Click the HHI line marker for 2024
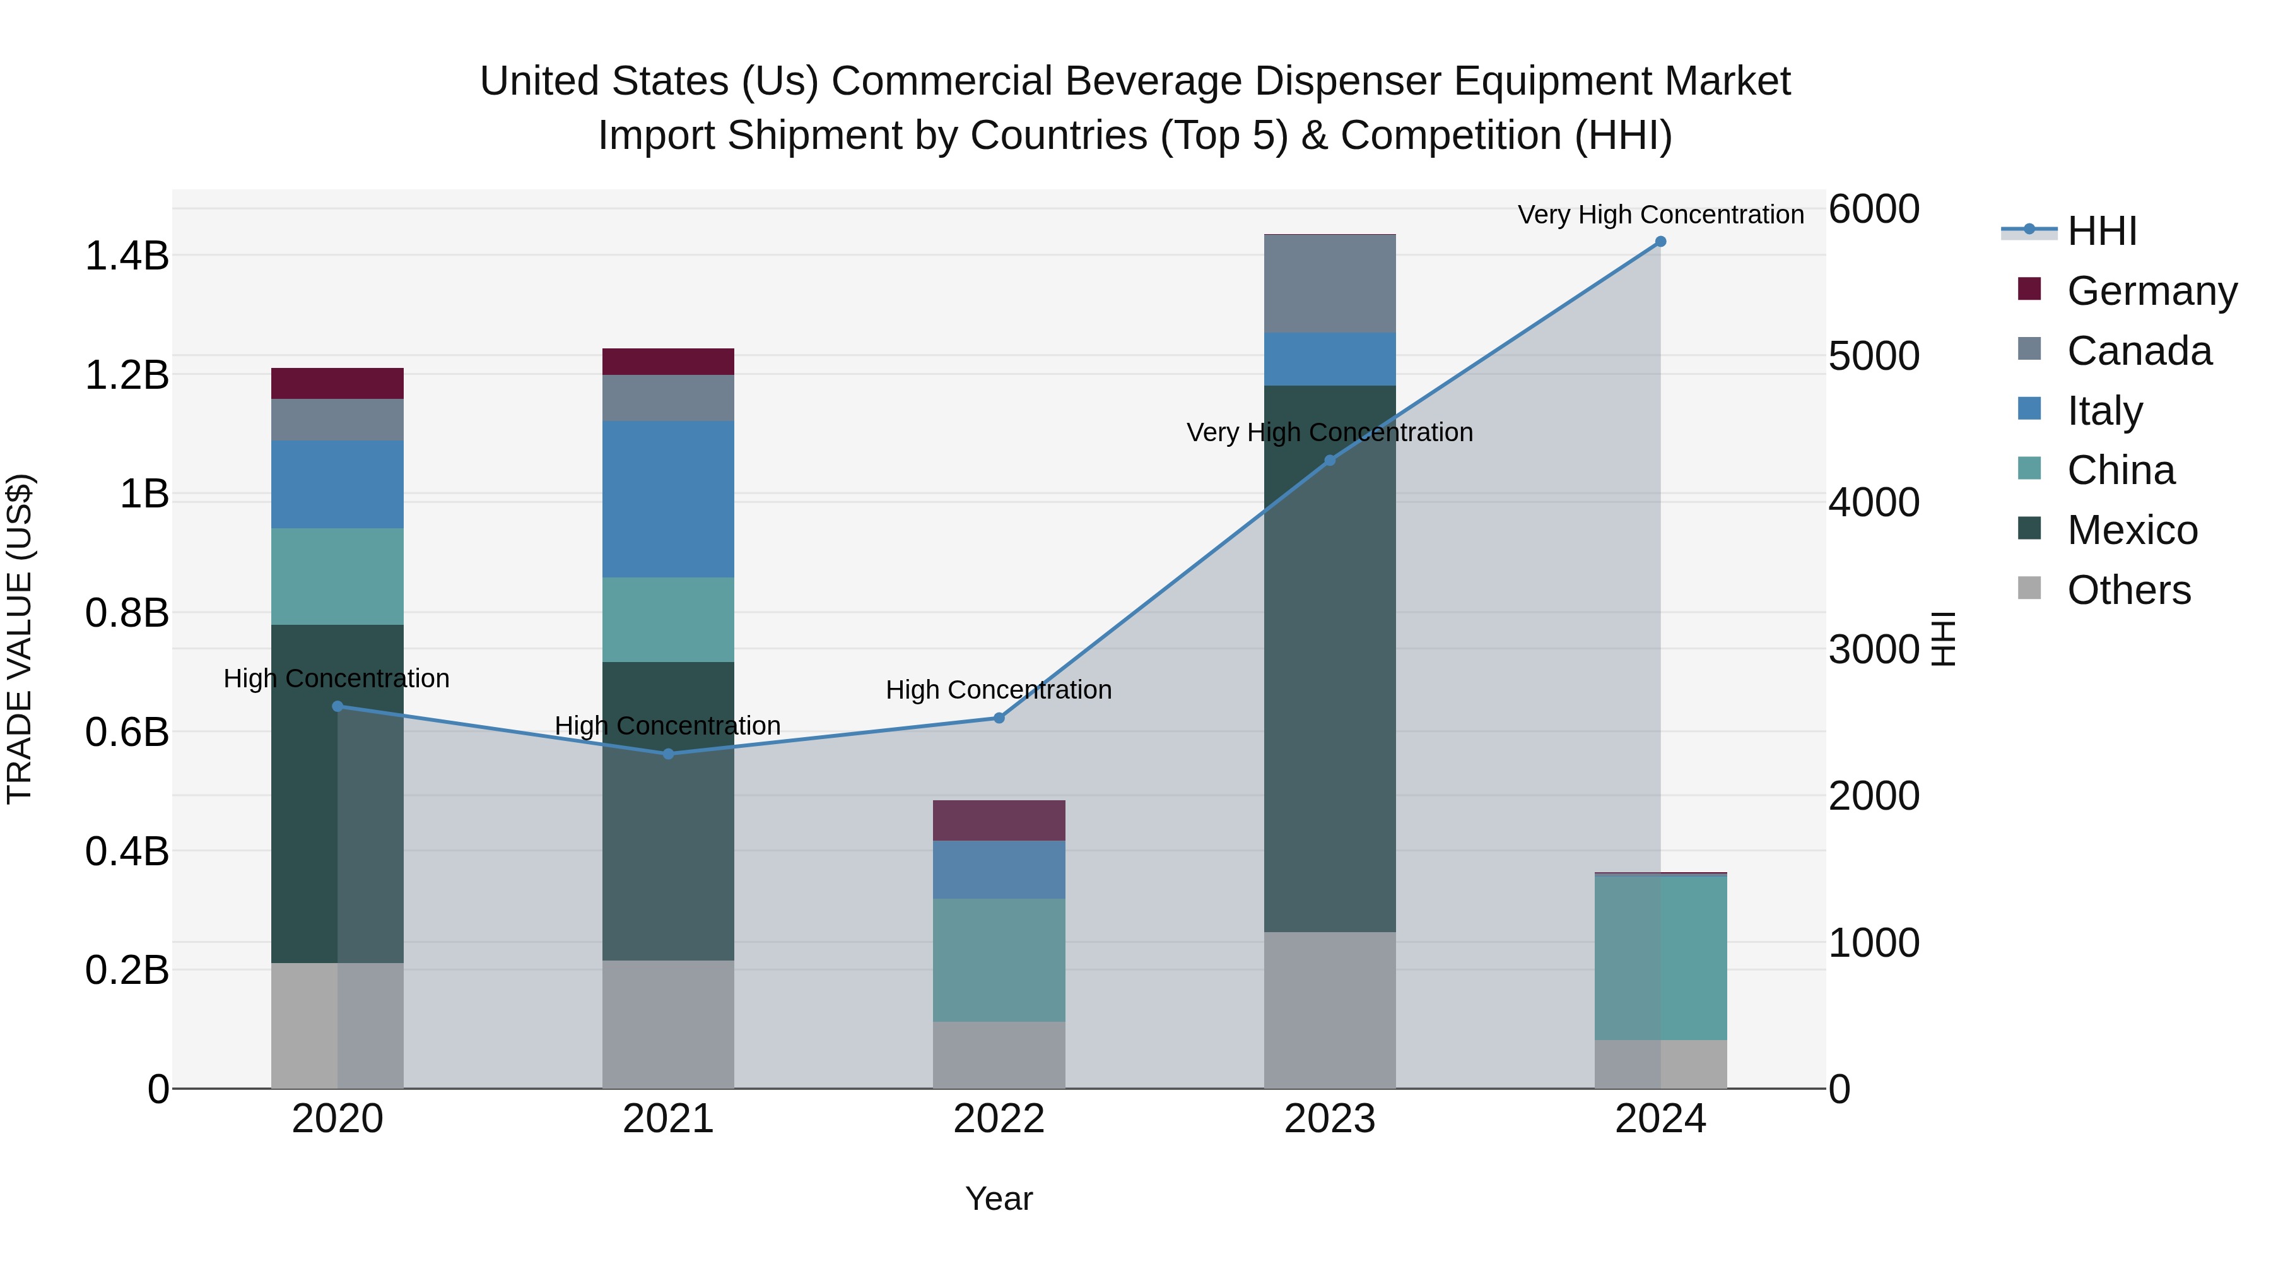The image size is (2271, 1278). [1660, 242]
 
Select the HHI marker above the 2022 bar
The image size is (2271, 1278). [999, 718]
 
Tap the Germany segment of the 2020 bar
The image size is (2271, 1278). [337, 384]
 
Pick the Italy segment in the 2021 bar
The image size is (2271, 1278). [667, 499]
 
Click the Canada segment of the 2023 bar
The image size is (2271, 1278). [1329, 284]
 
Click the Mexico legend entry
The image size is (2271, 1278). [2132, 531]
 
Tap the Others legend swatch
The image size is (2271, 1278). [2029, 588]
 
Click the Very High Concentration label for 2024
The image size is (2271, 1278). [1660, 215]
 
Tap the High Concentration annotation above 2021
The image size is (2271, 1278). [667, 726]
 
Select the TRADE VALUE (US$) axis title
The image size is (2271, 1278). [20, 639]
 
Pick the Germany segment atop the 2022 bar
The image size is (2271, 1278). [999, 820]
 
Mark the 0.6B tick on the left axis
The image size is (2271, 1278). [126, 733]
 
